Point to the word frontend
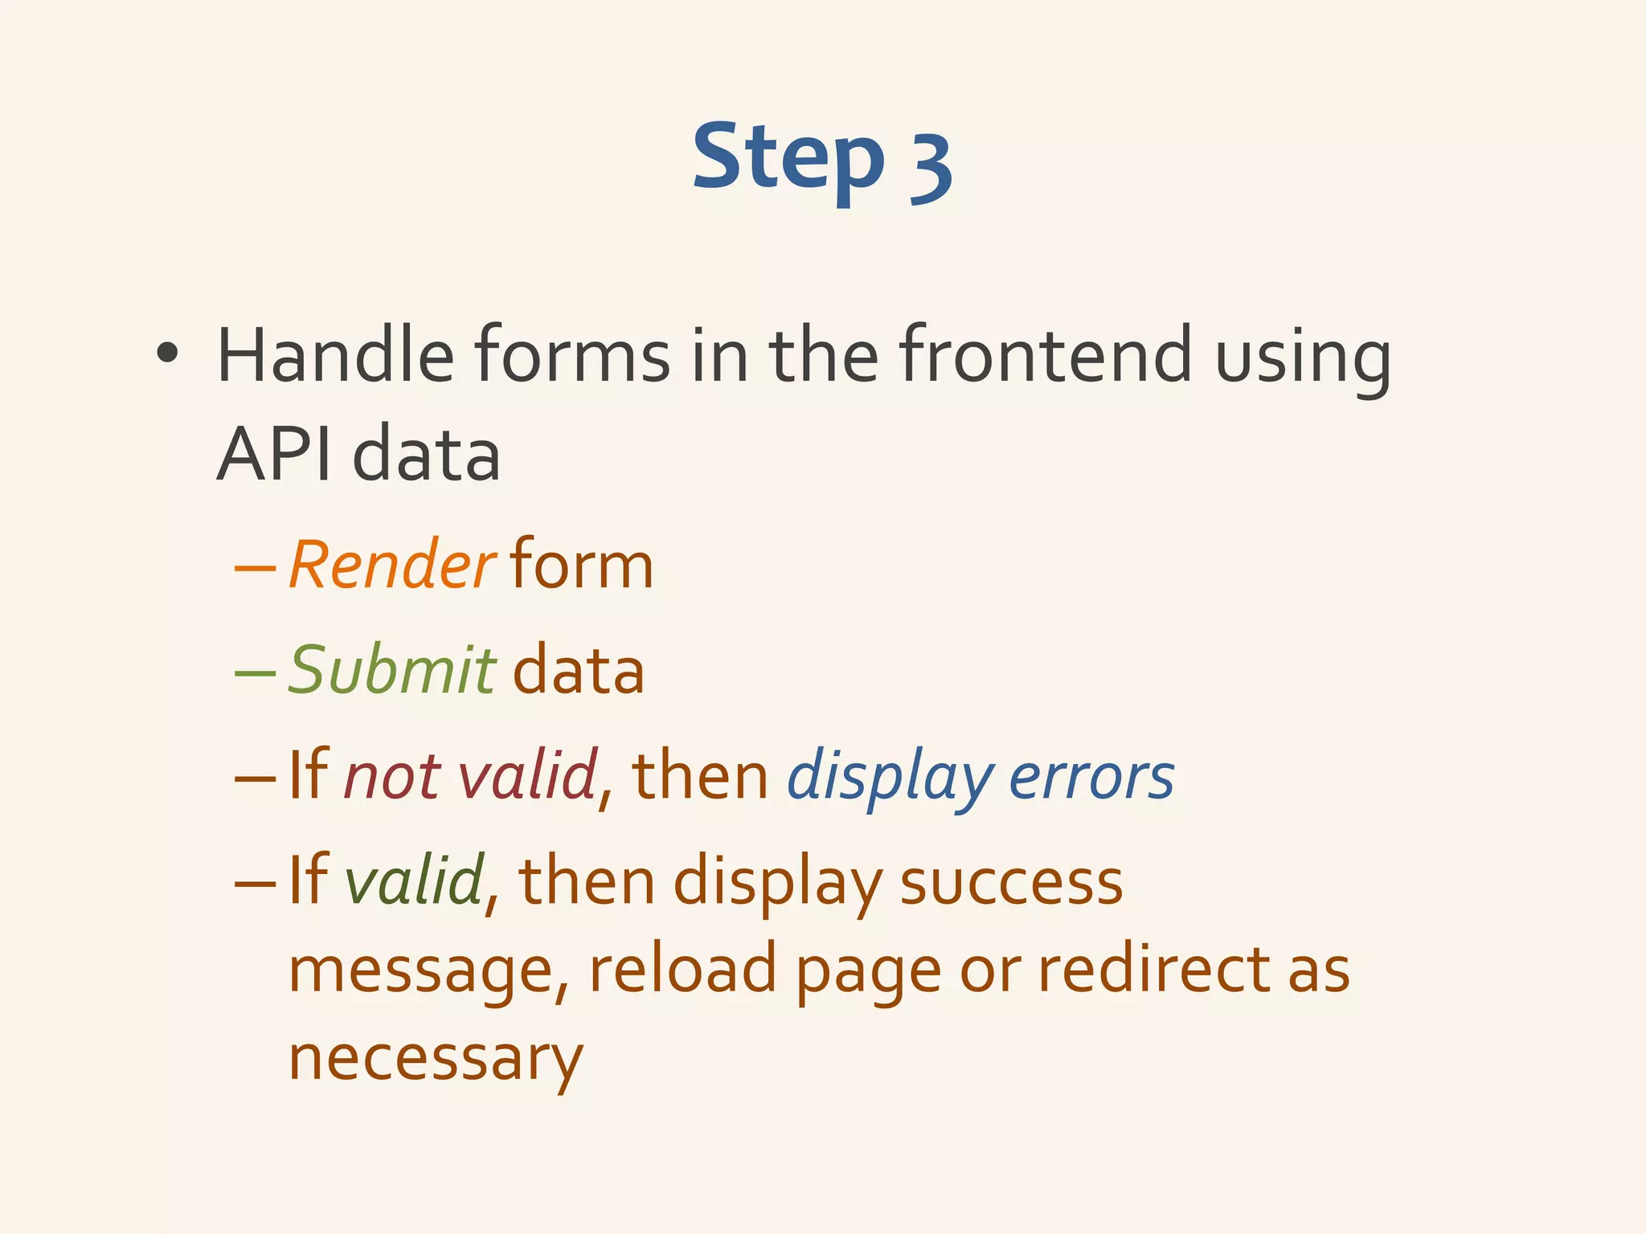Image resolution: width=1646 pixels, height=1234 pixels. [x=1045, y=355]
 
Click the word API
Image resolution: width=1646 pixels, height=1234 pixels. [x=274, y=455]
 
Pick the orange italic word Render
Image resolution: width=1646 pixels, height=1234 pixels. [x=391, y=565]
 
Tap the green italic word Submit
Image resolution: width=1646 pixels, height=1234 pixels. [x=392, y=669]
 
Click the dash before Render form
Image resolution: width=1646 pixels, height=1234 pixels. [x=255, y=566]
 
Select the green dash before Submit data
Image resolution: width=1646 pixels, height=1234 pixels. [x=255, y=671]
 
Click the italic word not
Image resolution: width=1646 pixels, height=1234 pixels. [x=391, y=776]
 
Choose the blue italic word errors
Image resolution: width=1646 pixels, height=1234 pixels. [x=1091, y=777]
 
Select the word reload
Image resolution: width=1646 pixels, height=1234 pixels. [x=683, y=968]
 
